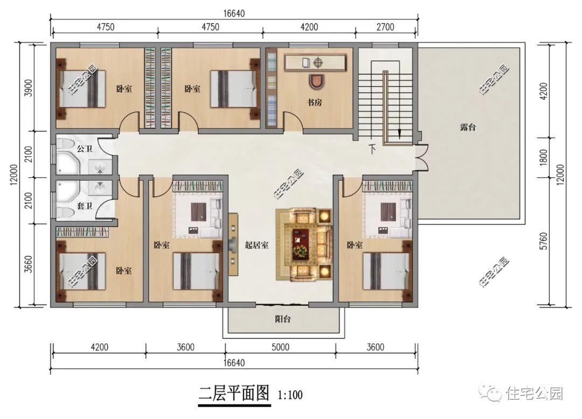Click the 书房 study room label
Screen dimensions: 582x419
click(x=314, y=102)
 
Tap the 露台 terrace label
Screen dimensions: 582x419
click(x=468, y=127)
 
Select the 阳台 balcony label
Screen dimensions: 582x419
click(x=283, y=319)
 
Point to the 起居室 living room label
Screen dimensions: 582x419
click(x=257, y=245)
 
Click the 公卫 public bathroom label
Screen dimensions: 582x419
click(x=84, y=149)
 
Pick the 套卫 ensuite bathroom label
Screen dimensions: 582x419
click(x=84, y=205)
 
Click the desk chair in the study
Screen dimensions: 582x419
click(x=317, y=81)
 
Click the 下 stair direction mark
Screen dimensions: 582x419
click(x=372, y=149)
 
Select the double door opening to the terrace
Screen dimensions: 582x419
click(x=422, y=157)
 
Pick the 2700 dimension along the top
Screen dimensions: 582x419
click(x=385, y=27)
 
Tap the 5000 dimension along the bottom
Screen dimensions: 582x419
click(x=280, y=347)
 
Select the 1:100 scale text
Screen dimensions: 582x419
click(x=290, y=395)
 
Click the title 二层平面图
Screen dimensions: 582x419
click(x=234, y=393)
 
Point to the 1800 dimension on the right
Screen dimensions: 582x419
click(x=543, y=157)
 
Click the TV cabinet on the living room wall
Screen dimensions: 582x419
click(x=233, y=244)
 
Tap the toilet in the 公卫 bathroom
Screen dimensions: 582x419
click(x=66, y=143)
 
